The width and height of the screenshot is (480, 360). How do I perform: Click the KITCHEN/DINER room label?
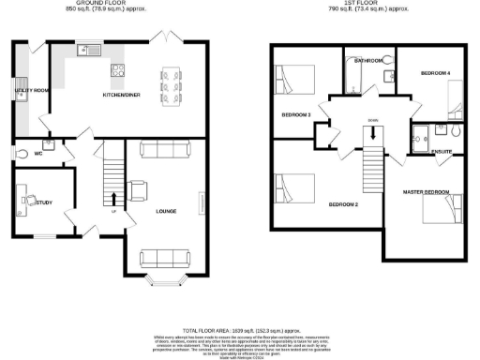121,96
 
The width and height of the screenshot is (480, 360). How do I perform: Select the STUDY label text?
44,202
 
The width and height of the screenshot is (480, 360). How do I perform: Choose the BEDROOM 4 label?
435,73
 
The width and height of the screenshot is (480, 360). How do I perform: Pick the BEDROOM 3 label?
295,115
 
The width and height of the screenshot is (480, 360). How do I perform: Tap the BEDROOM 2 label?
344,203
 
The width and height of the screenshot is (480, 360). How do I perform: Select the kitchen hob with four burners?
119,70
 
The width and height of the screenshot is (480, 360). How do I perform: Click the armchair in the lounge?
139,189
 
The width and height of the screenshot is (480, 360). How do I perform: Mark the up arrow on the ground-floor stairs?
114,198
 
